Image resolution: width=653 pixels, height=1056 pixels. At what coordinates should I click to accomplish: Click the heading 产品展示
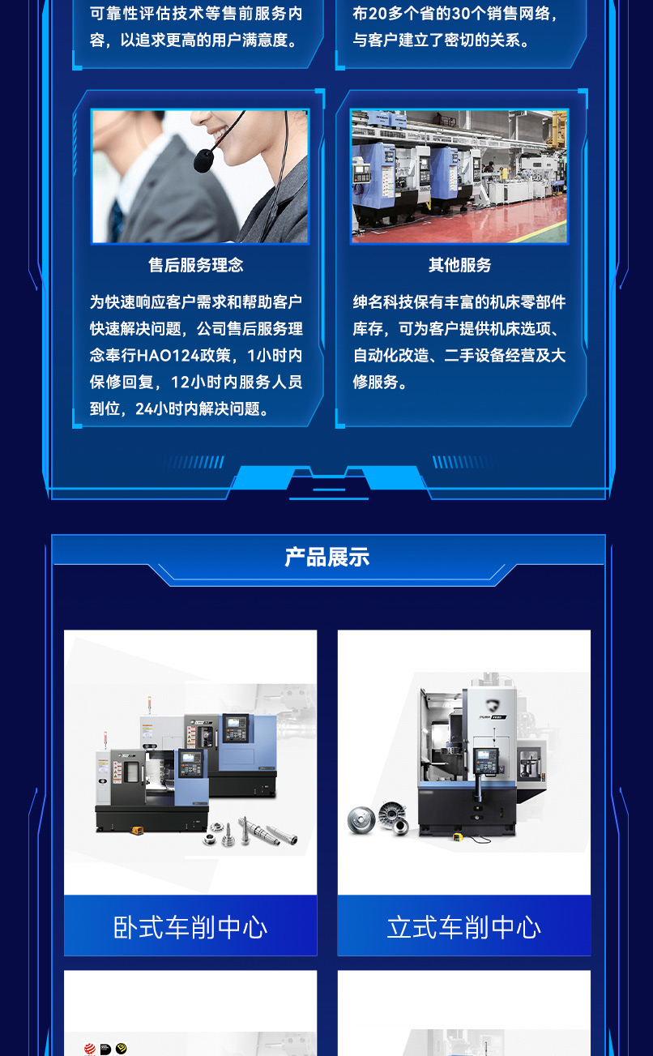pos(327,558)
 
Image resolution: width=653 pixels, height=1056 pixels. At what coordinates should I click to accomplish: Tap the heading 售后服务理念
pos(196,265)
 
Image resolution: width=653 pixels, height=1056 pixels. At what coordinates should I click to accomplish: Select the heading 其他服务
pos(460,265)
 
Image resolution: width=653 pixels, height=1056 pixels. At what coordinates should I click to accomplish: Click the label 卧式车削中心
pos(190,927)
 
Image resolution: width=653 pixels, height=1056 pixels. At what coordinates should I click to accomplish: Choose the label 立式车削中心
pos(464,927)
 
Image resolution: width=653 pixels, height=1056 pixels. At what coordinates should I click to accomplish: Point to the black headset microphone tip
pos(203,160)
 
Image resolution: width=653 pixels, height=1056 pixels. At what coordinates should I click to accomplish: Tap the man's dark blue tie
pos(117,220)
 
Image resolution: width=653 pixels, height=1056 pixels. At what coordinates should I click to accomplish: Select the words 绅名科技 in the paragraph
pos(383,302)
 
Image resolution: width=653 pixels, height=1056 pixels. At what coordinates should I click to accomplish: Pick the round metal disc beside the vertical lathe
pos(361,819)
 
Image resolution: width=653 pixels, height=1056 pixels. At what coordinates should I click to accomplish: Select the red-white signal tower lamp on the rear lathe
pos(149,702)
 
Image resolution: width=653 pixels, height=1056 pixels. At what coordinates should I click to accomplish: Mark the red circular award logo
pos(89,1049)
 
